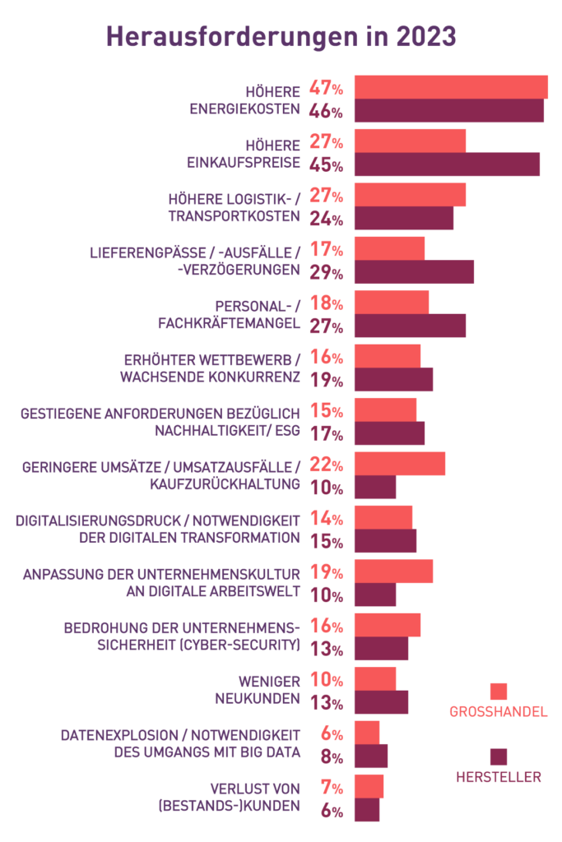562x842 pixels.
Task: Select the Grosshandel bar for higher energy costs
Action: [451, 87]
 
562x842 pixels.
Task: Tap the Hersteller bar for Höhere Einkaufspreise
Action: [447, 164]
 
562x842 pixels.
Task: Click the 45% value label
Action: [326, 164]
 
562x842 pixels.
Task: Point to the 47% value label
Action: [326, 88]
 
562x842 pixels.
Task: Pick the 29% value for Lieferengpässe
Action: [326, 272]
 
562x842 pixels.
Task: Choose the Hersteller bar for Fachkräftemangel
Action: [410, 326]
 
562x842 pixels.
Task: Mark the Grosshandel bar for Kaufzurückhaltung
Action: [400, 464]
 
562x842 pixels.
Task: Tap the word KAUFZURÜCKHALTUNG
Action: [225, 484]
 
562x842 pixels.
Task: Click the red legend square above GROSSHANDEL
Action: [498, 692]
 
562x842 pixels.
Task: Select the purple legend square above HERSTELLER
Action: [498, 756]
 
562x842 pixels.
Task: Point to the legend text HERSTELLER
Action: [498, 777]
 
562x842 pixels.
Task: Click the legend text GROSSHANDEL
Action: [498, 711]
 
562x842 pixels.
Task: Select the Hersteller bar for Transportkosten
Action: [404, 218]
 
